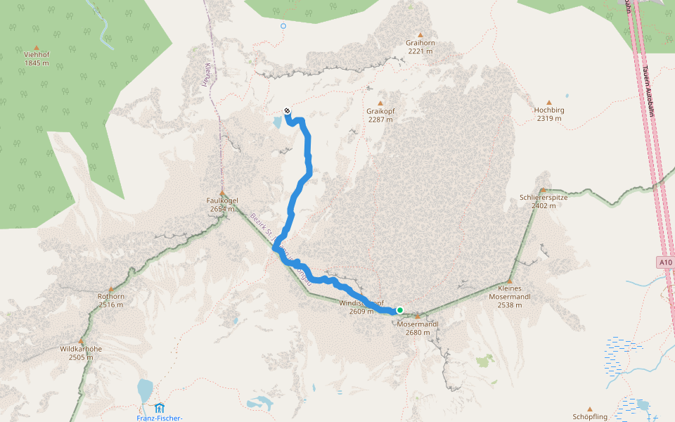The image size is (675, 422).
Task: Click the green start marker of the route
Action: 399,310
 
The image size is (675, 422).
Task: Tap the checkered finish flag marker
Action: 287,110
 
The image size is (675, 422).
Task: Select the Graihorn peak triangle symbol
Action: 420,34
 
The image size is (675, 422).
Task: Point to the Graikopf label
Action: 380,111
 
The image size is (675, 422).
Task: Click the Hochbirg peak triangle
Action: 549,102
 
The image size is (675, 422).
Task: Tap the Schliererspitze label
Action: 544,197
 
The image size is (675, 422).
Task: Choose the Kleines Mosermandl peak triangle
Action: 510,281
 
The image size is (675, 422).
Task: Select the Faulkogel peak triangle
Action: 222,193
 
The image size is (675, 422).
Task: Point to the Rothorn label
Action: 111,296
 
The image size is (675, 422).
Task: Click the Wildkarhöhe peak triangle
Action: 81,340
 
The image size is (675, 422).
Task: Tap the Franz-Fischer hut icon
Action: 160,408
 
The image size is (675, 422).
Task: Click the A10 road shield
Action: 666,262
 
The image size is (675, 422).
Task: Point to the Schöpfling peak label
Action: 590,417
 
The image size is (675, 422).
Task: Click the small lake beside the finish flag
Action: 278,122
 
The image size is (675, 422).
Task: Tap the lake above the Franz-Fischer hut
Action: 145,389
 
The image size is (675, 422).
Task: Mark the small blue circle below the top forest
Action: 283,26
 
